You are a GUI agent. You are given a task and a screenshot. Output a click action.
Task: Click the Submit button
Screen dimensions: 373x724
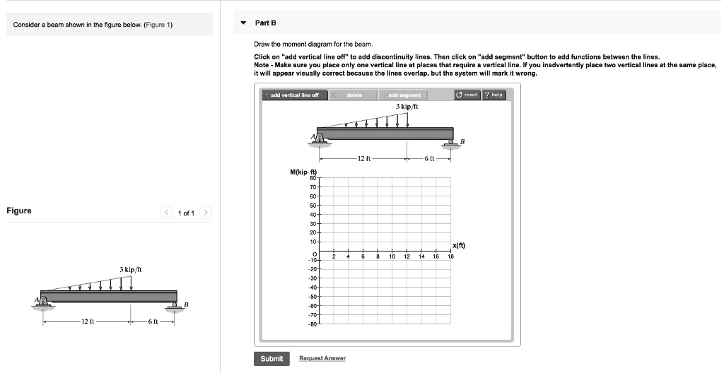click(271, 359)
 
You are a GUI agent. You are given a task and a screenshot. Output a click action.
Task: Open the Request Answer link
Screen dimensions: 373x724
click(322, 359)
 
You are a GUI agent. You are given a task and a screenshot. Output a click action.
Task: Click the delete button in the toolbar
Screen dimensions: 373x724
click(354, 95)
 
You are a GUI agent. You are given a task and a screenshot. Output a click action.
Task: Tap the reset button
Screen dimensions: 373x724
click(467, 95)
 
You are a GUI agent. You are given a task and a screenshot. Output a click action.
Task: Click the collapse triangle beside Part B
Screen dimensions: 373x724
click(243, 23)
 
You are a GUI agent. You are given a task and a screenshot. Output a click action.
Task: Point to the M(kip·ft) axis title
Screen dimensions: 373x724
click(305, 172)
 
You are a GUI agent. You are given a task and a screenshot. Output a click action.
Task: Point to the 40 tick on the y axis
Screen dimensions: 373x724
click(313, 214)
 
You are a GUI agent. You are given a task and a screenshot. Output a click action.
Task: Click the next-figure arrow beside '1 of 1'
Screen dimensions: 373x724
click(206, 212)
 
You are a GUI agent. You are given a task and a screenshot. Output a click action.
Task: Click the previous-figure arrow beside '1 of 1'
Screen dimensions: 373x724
click(166, 212)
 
